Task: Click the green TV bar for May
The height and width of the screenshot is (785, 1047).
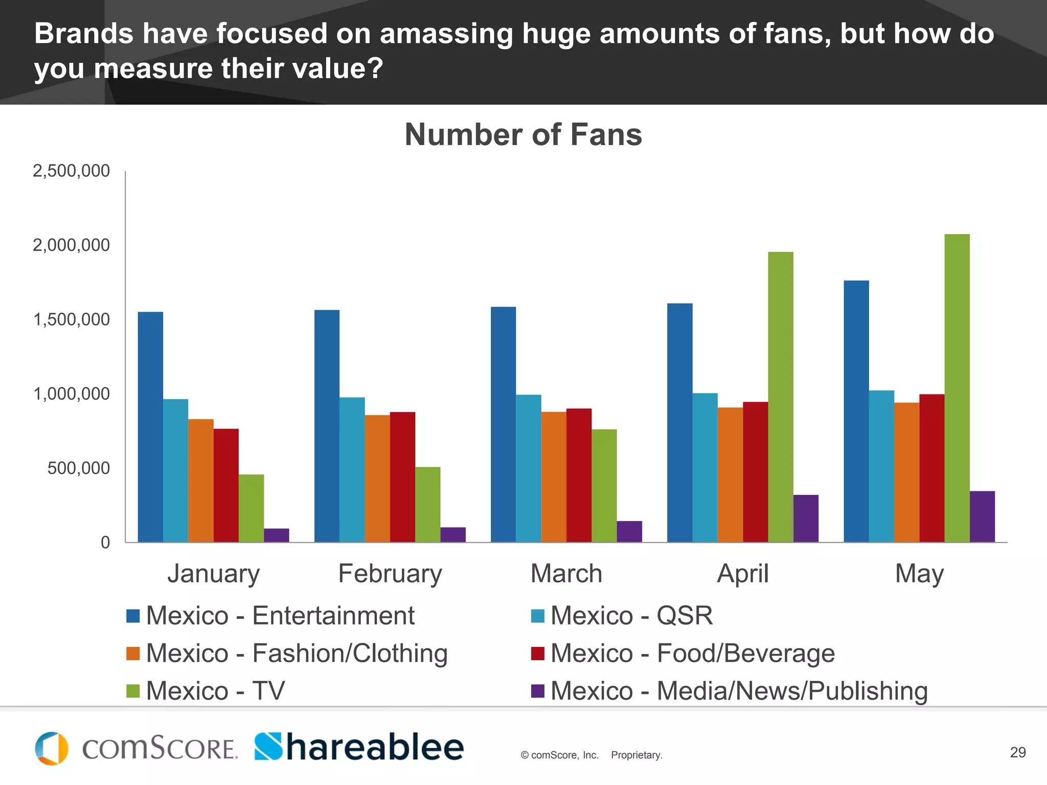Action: [957, 388]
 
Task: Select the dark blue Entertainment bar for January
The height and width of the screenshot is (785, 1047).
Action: [150, 427]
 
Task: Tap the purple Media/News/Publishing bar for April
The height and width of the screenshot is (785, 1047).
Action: [806, 518]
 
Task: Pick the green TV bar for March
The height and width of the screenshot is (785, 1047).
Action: [604, 486]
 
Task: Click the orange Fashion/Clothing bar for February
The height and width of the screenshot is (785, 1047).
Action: [377, 478]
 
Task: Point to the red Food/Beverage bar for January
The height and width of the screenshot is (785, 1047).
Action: [226, 486]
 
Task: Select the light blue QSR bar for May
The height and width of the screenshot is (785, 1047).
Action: [881, 466]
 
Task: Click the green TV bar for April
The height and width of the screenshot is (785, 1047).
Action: [781, 397]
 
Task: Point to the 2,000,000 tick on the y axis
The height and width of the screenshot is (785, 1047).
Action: [72, 245]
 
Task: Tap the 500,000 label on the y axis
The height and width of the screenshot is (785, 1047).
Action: [79, 468]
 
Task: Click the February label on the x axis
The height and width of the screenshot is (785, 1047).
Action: [390, 573]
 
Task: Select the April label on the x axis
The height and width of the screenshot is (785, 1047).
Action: [743, 573]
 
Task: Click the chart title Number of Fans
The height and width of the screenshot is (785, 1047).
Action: [523, 134]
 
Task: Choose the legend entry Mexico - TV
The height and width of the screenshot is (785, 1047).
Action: [215, 691]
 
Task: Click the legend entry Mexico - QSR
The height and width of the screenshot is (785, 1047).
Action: [631, 615]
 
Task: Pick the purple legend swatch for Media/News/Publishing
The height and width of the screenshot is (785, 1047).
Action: [538, 691]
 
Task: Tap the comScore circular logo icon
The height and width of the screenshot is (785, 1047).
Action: [52, 749]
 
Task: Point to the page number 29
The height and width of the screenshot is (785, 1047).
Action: [1018, 752]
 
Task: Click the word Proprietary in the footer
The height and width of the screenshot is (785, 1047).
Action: [636, 755]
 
